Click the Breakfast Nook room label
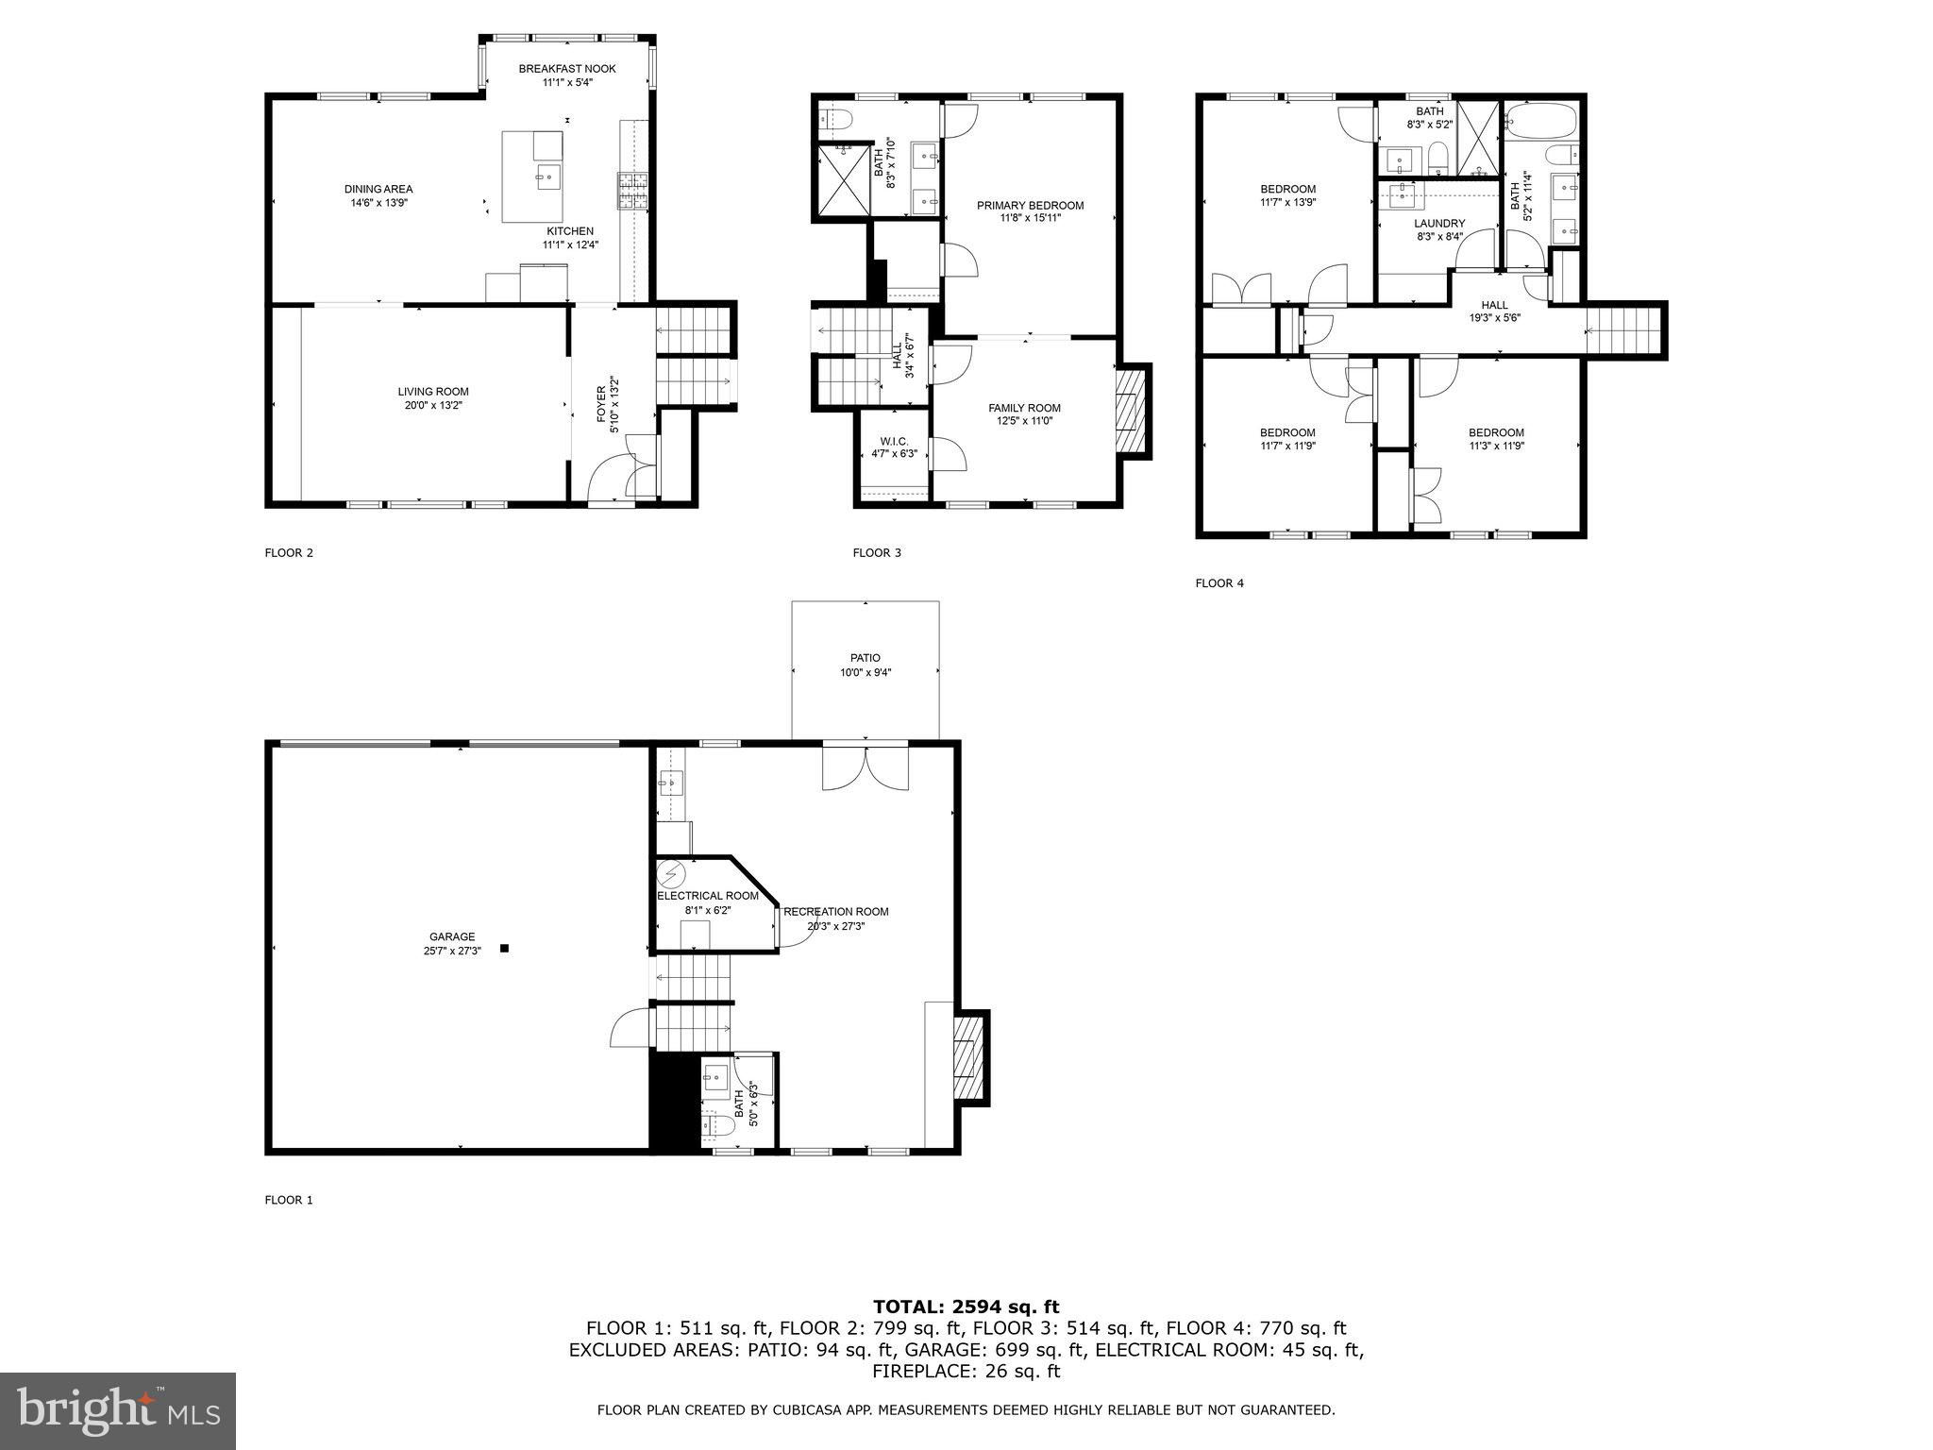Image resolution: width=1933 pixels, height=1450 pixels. (566, 69)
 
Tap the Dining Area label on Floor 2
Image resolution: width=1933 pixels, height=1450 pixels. (378, 189)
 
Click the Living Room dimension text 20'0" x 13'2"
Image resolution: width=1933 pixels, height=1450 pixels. (432, 405)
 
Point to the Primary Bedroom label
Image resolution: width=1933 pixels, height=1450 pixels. (1030, 205)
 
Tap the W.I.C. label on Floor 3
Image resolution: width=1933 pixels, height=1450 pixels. (894, 441)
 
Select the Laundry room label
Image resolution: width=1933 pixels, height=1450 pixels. (1439, 224)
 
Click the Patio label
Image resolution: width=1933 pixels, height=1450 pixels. (865, 658)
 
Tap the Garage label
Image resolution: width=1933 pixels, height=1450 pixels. (452, 936)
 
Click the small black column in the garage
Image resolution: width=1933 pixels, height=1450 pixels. (504, 948)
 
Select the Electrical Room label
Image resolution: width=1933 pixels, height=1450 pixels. (708, 896)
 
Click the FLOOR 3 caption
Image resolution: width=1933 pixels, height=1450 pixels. (877, 552)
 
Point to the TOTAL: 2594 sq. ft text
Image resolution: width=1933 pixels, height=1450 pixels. (966, 1307)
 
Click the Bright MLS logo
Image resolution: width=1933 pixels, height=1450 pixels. (118, 1410)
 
